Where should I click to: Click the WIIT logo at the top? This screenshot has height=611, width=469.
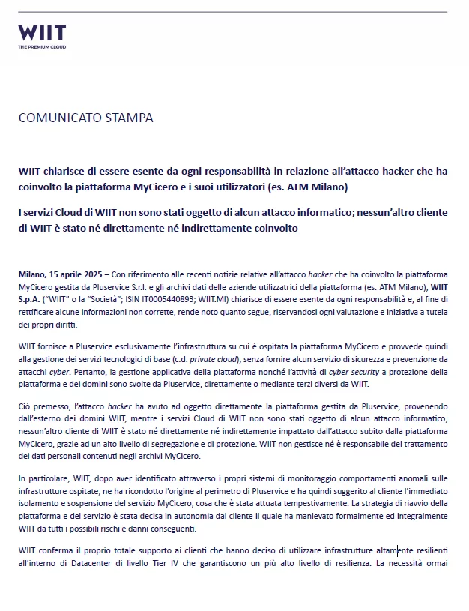click(42, 33)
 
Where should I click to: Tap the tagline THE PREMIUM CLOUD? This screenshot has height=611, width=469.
click(42, 47)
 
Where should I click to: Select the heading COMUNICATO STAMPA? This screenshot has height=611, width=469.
click(85, 118)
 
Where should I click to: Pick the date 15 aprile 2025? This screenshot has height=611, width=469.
click(77, 275)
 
